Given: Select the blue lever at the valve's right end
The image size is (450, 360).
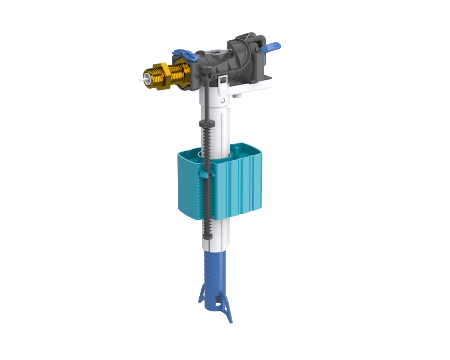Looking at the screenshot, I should click(272, 46).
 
